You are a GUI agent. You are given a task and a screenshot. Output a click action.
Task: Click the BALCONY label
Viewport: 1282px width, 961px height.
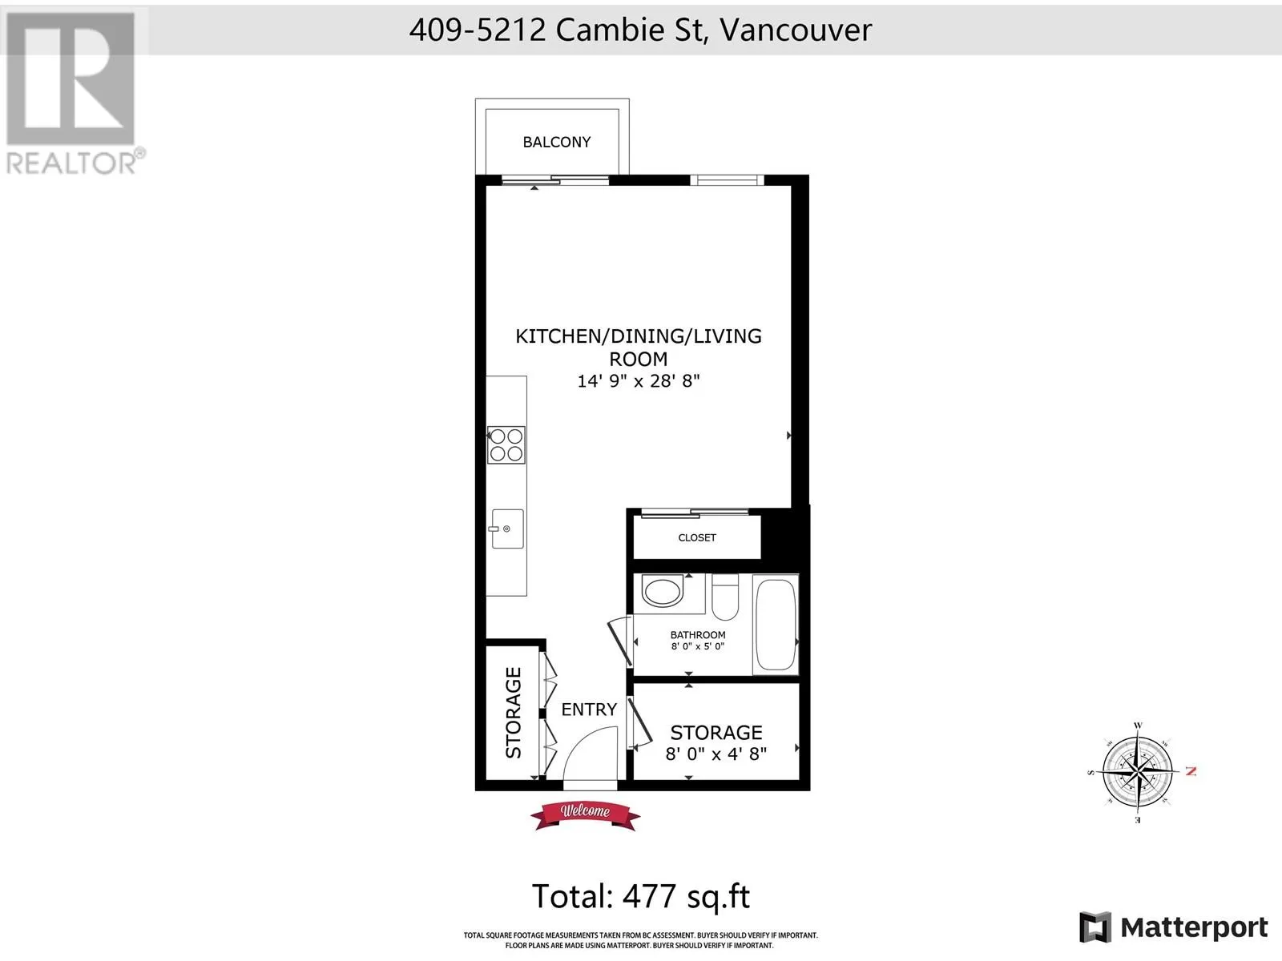[x=557, y=142]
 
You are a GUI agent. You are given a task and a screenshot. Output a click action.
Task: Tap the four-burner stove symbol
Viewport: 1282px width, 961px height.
[x=506, y=445]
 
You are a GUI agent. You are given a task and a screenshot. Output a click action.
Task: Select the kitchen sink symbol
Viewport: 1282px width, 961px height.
[x=506, y=529]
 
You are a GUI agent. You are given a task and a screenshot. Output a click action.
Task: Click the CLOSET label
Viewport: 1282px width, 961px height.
[x=697, y=537]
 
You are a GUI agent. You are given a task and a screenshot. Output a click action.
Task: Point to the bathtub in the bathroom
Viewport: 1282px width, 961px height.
[x=775, y=625]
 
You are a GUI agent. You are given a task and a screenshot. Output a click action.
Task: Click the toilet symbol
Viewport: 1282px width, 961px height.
[x=725, y=597]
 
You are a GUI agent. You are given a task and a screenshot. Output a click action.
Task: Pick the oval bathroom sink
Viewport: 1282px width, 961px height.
[x=662, y=590]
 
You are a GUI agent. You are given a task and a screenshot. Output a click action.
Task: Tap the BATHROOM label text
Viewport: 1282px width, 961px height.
[x=698, y=635]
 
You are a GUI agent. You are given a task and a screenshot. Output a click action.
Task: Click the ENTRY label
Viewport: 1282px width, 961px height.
[x=589, y=710]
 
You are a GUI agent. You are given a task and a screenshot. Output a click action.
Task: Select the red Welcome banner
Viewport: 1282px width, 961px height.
[x=585, y=815]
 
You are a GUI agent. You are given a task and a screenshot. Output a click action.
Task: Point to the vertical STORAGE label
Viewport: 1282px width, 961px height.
[x=513, y=713]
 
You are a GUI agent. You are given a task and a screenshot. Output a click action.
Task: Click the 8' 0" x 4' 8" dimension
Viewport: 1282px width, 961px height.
[x=716, y=754]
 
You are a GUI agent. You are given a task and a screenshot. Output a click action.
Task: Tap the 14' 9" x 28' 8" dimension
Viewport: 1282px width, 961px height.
[x=639, y=381]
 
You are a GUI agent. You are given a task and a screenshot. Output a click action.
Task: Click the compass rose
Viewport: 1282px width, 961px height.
[x=1138, y=773]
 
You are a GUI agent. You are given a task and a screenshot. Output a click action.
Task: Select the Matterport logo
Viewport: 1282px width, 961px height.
[x=1173, y=927]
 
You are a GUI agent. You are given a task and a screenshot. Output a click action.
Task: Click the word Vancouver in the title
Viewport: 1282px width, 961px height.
[x=796, y=30]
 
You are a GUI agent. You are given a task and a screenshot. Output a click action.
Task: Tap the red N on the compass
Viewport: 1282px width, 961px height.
[x=1191, y=771]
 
